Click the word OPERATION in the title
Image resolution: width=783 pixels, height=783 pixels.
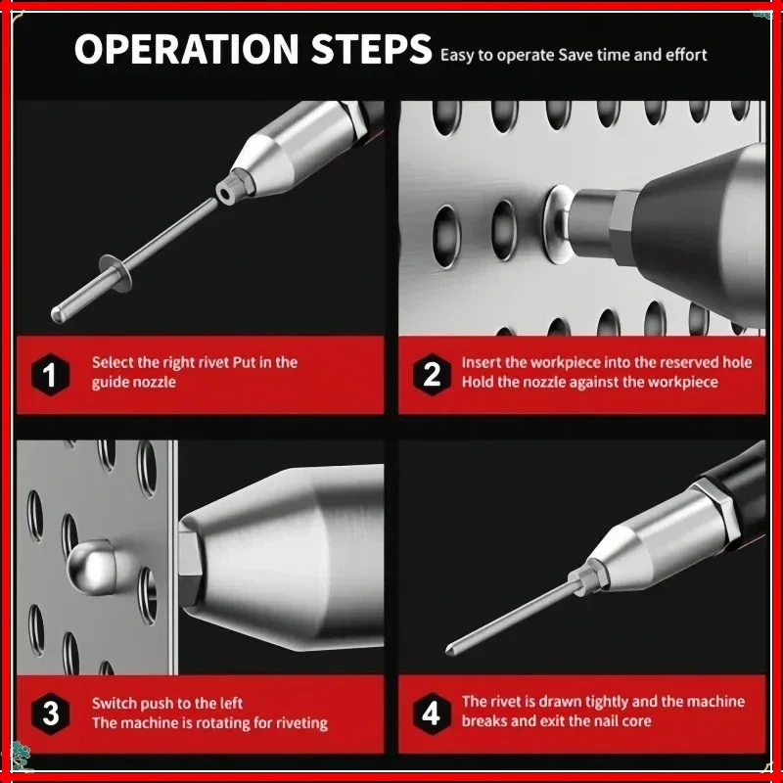click(187, 49)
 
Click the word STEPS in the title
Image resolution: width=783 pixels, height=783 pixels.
click(371, 49)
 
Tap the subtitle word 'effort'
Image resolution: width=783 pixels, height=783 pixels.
click(686, 55)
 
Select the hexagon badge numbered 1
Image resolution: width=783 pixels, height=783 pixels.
click(50, 375)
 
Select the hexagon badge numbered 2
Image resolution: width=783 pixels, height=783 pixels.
click(432, 375)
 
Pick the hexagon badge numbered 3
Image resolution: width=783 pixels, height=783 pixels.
click(50, 714)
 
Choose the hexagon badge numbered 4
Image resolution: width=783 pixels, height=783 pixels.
click(432, 714)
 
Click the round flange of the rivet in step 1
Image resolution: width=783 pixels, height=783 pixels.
click(115, 272)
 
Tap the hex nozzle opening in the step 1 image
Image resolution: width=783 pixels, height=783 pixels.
click(226, 192)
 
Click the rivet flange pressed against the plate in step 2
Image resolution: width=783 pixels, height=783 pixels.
click(558, 224)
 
